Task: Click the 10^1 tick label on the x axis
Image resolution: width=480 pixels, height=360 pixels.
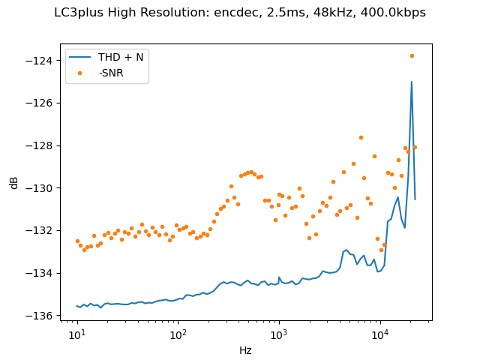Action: (x=77, y=333)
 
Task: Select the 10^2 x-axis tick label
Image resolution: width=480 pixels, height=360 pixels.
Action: (x=178, y=333)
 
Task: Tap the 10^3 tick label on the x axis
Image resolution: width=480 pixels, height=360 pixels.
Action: (x=279, y=333)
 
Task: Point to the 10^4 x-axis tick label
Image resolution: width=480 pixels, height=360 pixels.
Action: (x=380, y=333)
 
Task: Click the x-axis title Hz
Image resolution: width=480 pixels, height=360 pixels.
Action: (x=245, y=350)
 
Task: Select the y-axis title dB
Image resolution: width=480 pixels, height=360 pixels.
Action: (x=14, y=182)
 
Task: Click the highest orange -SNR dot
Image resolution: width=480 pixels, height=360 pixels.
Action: (x=412, y=55)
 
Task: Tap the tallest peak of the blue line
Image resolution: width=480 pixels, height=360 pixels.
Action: (x=412, y=82)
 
